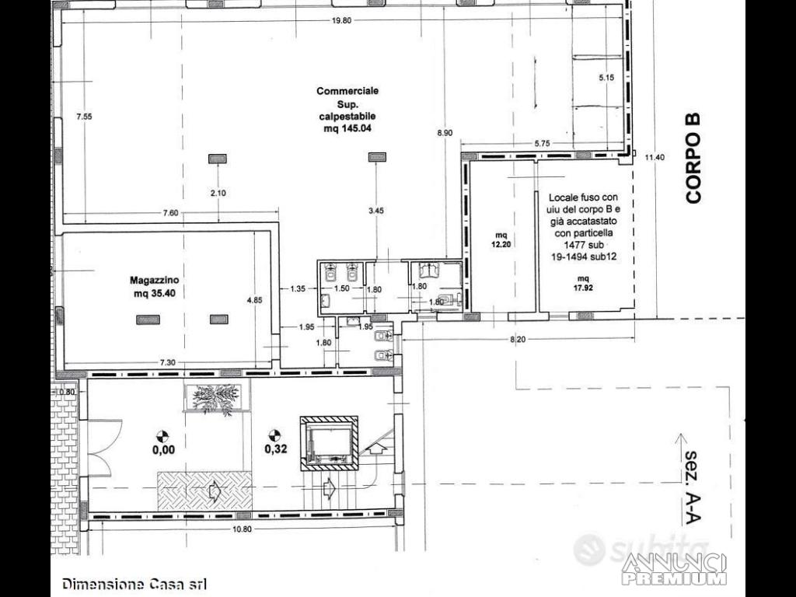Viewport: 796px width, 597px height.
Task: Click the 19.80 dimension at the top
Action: click(342, 21)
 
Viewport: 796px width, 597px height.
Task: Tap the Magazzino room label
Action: click(155, 280)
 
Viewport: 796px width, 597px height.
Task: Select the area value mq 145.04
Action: click(347, 128)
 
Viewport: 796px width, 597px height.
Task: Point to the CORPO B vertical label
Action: click(693, 159)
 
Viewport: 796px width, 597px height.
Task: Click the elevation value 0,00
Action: click(163, 450)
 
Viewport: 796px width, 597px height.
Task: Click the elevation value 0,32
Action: click(276, 449)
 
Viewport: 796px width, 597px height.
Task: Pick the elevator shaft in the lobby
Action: click(329, 442)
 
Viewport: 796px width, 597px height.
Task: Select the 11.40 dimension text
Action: click(655, 157)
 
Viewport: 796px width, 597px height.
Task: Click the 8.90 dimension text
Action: click(444, 133)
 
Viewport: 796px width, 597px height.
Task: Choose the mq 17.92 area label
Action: click(583, 283)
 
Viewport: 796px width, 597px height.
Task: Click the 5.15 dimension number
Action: click(606, 78)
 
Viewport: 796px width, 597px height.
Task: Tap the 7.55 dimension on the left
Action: click(84, 117)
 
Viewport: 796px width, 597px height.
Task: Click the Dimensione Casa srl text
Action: click(134, 584)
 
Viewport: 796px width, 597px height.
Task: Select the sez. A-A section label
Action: click(693, 488)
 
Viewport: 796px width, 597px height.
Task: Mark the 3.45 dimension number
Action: click(375, 211)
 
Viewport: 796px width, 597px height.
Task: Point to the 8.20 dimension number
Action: click(518, 340)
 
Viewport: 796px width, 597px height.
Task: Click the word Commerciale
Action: click(347, 92)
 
